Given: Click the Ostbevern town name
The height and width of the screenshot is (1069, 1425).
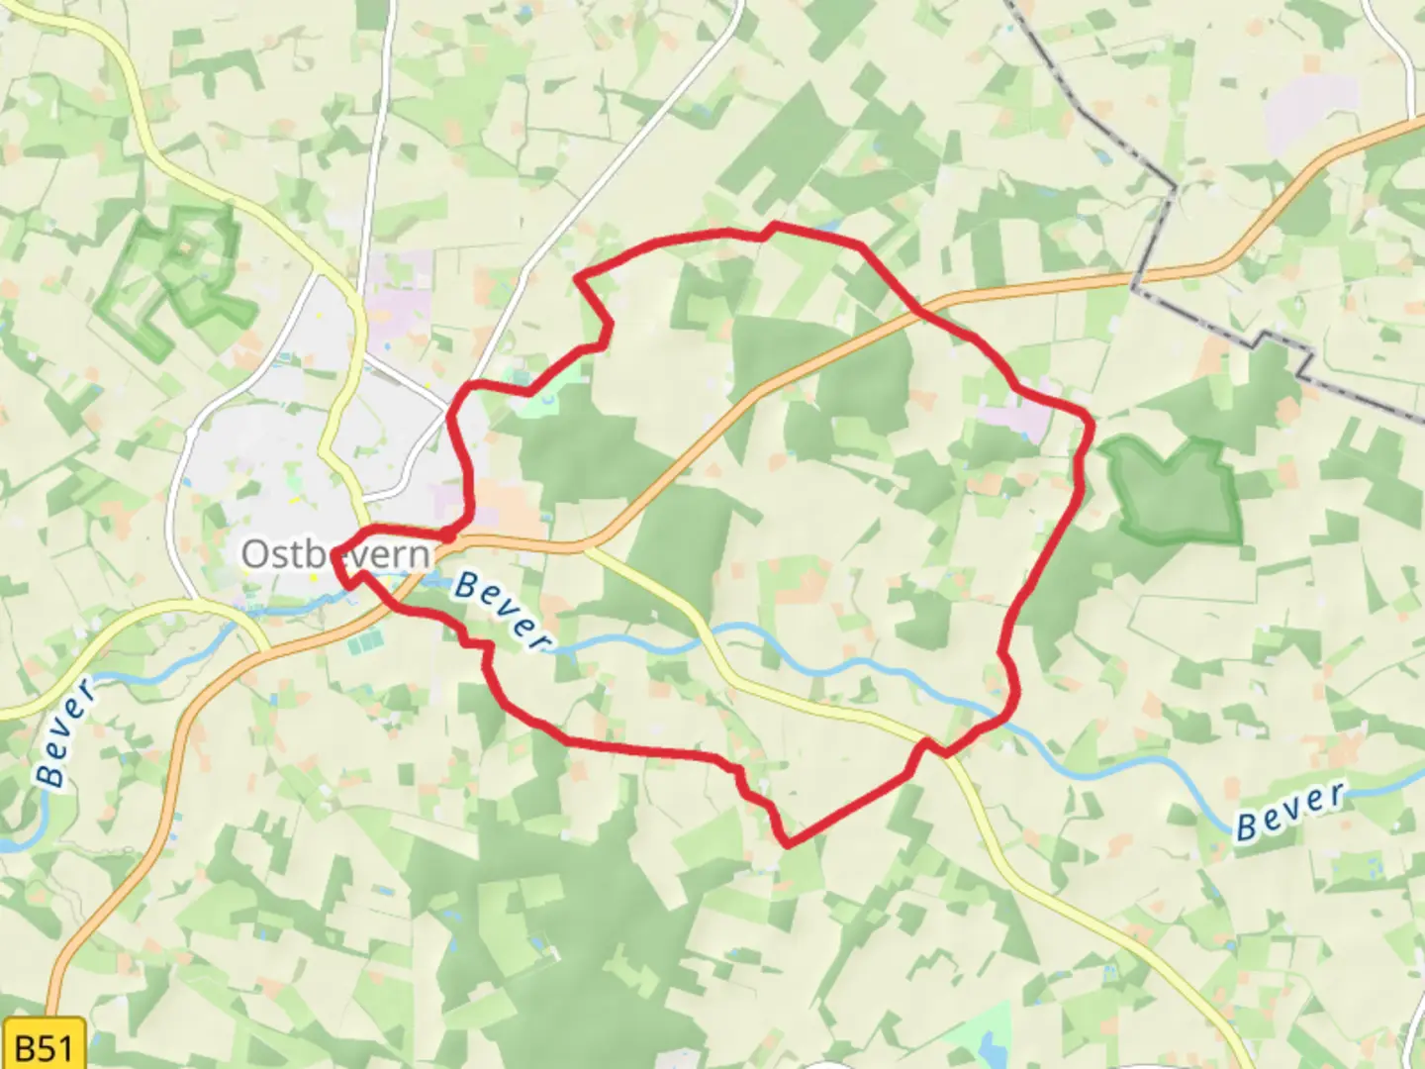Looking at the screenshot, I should click(x=336, y=554).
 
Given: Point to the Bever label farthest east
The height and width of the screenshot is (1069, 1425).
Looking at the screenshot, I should click(x=1290, y=812).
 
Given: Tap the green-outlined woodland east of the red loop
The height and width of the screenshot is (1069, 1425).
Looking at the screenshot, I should click(x=1174, y=490).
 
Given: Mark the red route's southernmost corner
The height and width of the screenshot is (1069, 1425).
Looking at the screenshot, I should click(x=788, y=844).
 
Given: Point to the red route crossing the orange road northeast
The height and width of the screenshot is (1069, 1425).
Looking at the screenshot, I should click(x=918, y=312).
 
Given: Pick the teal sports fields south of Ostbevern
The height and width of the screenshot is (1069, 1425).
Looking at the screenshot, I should click(x=363, y=643).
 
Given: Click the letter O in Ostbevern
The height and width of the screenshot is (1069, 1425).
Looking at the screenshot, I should click(x=255, y=554).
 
